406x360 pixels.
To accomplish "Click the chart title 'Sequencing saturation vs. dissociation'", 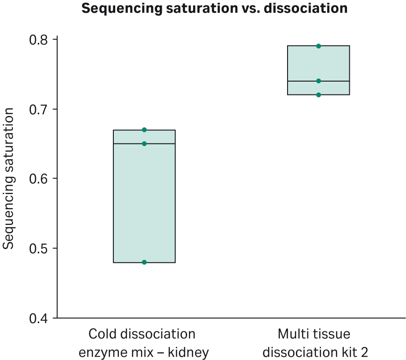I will point(214,9).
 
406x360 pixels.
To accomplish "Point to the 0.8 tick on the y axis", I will point(40,40).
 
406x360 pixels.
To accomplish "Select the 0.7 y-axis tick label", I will point(40,109).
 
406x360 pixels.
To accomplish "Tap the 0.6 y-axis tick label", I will point(40,179).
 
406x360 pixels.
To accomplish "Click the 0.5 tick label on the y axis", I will point(40,248).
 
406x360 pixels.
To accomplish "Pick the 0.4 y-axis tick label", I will point(40,318).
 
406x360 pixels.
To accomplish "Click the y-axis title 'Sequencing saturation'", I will point(9,178).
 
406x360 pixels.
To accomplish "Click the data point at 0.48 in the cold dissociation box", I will point(144,262).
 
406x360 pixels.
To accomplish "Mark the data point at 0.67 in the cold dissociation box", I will point(144,130).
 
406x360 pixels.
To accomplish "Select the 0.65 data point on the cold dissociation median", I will point(144,144).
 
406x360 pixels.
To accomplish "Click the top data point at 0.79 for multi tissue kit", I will point(318,46).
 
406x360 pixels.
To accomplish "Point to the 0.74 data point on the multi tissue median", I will point(318,81).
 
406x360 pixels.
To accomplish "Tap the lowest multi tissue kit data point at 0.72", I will point(318,95).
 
